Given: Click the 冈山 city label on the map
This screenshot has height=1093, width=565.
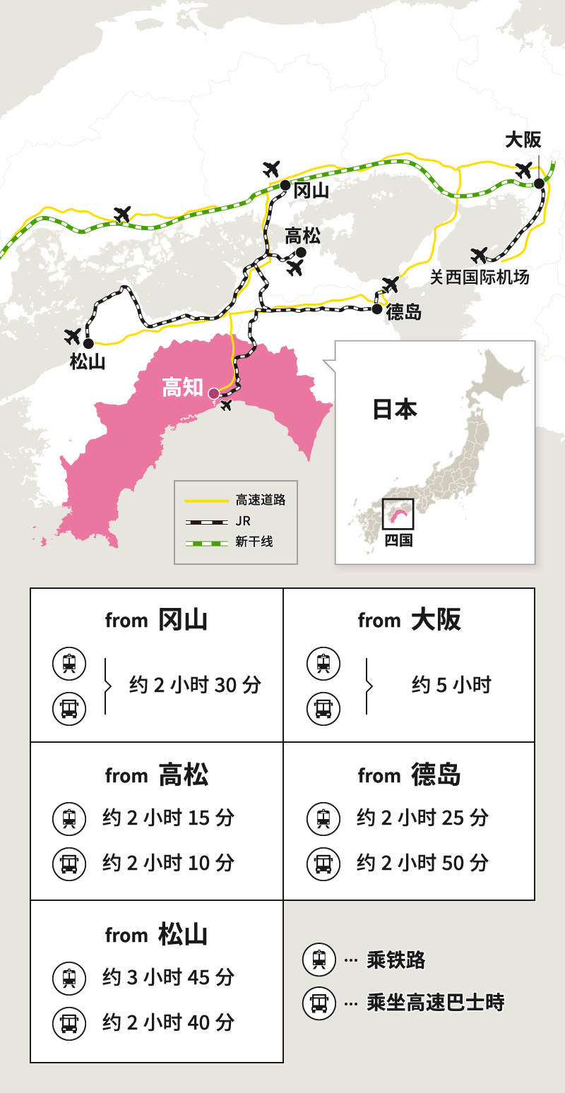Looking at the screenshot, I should coord(311,190).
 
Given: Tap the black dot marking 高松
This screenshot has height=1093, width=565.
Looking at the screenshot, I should coord(302,252).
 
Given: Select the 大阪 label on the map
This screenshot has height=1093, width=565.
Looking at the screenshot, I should coord(523,140).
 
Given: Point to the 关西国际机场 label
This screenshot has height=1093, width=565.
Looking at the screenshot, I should coord(480,277).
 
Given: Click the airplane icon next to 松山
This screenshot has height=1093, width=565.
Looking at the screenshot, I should coord(73,336).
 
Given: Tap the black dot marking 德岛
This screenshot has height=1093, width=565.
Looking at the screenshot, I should coord(377,309).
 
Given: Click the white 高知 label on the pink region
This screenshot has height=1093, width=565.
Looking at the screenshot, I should coord(182,388).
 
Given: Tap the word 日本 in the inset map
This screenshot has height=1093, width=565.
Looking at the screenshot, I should coord(395,410).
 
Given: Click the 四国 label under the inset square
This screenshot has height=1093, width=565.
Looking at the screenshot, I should coord(398,541).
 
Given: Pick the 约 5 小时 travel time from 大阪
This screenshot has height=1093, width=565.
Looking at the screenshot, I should coord(451,685).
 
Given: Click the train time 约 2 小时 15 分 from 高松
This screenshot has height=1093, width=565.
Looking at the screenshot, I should coord(168,818).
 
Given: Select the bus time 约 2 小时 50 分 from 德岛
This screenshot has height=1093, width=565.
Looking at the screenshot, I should coord(422,862).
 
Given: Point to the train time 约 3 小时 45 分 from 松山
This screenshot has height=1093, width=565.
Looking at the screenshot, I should coord(168,977).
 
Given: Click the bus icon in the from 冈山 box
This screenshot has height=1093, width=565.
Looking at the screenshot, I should coord(69,708).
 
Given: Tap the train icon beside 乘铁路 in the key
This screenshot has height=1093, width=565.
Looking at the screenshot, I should coord(319,960).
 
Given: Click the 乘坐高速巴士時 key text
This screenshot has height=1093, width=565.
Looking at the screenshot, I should coord(435,1003).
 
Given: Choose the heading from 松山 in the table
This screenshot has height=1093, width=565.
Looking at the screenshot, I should coord(156,934).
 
